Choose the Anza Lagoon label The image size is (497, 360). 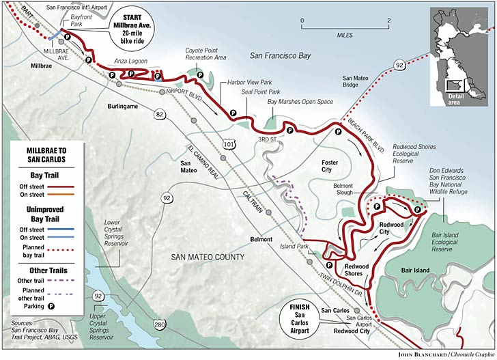coord(128,61)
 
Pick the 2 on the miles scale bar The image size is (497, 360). coord(388,20)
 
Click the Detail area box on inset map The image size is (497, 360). coord(453,85)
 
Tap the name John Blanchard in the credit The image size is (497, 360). coord(416,353)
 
